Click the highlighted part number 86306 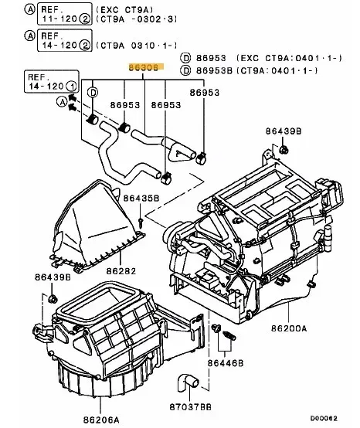click(144, 67)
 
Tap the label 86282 click(121, 271)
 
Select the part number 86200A click(289, 328)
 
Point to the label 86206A click(101, 420)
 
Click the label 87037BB click(190, 407)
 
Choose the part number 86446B click(226, 363)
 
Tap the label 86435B click(141, 199)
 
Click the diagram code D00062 click(324, 419)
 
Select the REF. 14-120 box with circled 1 click(52, 82)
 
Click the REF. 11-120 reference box click(64, 14)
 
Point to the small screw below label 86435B click(141, 222)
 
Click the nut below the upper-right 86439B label click(284, 149)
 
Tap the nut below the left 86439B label click(53, 299)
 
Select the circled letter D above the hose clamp click(93, 93)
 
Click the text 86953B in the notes click(214, 71)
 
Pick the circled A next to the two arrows click(62, 102)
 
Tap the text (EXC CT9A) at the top click(124, 10)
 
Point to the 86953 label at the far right click(205, 93)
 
